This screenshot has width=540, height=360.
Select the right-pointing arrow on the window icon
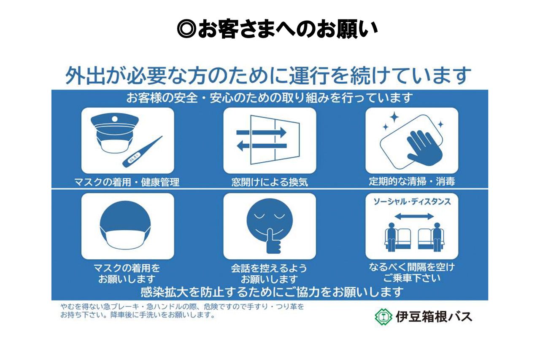point(262,132)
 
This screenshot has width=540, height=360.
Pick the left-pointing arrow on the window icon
point(262,146)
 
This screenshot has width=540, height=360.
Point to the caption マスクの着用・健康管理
point(127,182)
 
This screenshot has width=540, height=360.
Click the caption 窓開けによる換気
point(270,182)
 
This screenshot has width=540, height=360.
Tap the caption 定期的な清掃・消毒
point(412,182)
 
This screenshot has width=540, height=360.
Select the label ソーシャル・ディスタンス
point(412,202)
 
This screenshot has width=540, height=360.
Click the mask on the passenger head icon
point(126,239)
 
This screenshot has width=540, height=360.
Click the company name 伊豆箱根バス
point(434,317)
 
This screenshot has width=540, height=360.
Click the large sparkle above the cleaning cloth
point(394,117)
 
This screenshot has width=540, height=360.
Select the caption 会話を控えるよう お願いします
point(270,274)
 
